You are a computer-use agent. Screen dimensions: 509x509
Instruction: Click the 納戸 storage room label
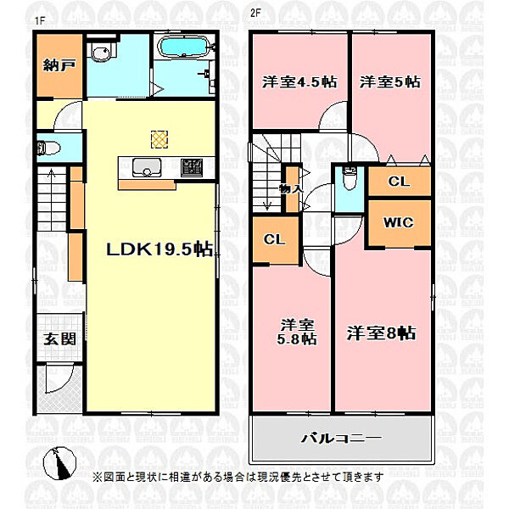pyautogui.click(x=59, y=65)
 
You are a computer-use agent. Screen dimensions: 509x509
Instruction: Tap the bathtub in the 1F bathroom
pyautogui.click(x=184, y=48)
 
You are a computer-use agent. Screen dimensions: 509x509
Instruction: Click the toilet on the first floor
pyautogui.click(x=48, y=148)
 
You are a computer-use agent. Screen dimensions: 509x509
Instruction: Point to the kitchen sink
pyautogui.click(x=147, y=167)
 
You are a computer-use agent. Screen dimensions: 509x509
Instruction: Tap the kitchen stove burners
pyautogui.click(x=192, y=167)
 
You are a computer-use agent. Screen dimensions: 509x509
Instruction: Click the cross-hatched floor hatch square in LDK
pyautogui.click(x=159, y=140)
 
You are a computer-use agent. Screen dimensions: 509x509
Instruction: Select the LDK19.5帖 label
pyautogui.click(x=159, y=249)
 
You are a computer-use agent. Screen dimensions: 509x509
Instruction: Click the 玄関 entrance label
pyautogui.click(x=59, y=339)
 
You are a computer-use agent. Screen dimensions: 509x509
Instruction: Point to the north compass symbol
pyautogui.click(x=59, y=463)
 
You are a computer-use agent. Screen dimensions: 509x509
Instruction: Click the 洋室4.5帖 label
pyautogui.click(x=299, y=81)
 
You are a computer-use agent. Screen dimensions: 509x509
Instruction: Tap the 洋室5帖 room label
pyautogui.click(x=390, y=81)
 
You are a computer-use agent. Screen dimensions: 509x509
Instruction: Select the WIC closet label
pyautogui.click(x=399, y=222)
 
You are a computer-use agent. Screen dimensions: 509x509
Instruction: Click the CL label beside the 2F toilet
pyautogui.click(x=399, y=182)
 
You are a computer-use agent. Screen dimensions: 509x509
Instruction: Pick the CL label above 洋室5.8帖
pyautogui.click(x=275, y=239)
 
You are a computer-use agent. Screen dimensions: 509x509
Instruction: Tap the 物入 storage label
pyautogui.click(x=291, y=188)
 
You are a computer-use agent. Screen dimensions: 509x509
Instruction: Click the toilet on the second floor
pyautogui.click(x=350, y=178)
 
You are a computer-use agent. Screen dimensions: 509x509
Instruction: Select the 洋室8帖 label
pyautogui.click(x=382, y=333)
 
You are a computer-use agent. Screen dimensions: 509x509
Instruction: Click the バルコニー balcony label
pyautogui.click(x=342, y=439)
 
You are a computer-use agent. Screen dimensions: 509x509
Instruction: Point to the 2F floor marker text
pyautogui.click(x=255, y=13)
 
